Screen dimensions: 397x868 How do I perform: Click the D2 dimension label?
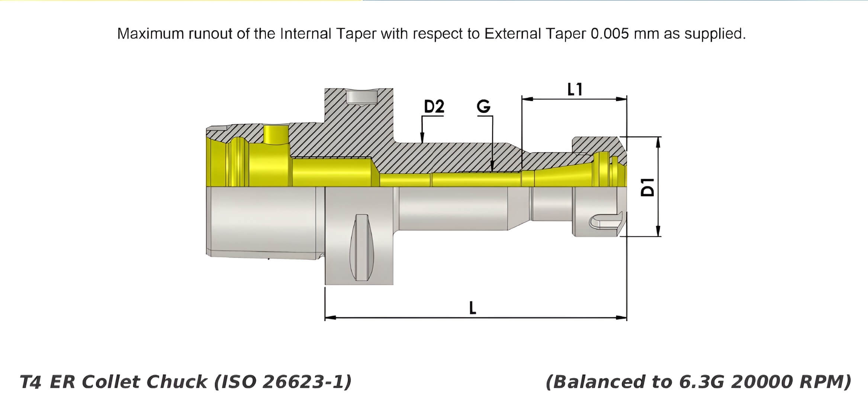pyautogui.click(x=434, y=107)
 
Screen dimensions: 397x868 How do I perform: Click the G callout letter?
pyautogui.click(x=483, y=107)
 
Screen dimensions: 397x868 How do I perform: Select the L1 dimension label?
pyautogui.click(x=575, y=90)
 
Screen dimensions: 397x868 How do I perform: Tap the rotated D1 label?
pyautogui.click(x=648, y=187)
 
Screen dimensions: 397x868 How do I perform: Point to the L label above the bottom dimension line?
pyautogui.click(x=472, y=308)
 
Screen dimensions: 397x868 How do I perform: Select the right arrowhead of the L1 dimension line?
pyautogui.click(x=621, y=99)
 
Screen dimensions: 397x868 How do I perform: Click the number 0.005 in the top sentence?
pyautogui.click(x=610, y=34)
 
